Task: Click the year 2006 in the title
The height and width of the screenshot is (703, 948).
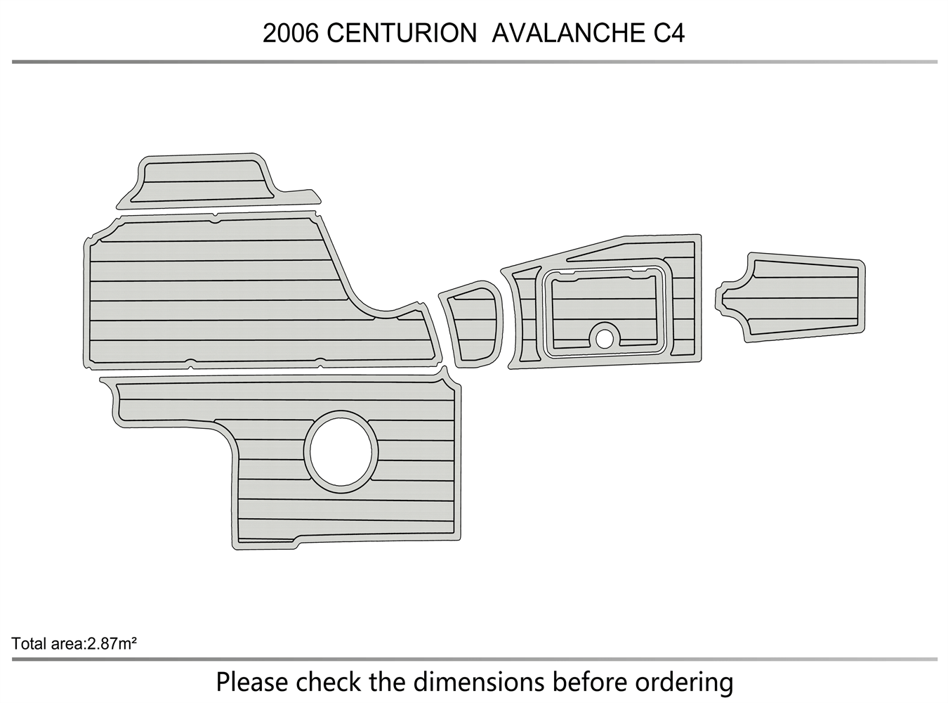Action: click(291, 34)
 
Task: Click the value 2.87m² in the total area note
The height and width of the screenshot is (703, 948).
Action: click(111, 643)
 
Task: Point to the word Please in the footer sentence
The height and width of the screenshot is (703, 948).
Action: click(251, 682)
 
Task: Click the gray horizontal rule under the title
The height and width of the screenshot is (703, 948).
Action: click(474, 62)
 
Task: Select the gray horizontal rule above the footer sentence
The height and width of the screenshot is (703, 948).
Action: click(474, 659)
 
